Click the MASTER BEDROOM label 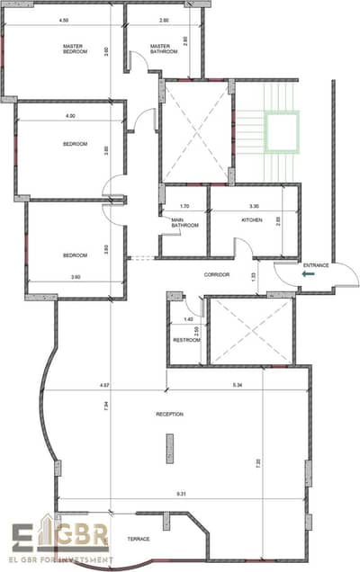click(x=75, y=49)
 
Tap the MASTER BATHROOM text click(x=163, y=49)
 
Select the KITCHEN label click(x=250, y=219)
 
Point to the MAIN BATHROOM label click(x=184, y=222)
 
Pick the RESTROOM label click(x=185, y=338)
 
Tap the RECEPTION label click(x=169, y=415)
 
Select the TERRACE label click(x=139, y=539)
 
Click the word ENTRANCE click(x=316, y=265)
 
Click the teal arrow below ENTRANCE click(x=308, y=275)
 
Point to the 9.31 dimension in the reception click(x=181, y=493)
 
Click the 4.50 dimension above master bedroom click(x=63, y=19)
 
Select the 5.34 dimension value click(x=238, y=386)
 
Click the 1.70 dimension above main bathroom click(x=184, y=206)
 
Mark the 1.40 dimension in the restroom click(x=188, y=319)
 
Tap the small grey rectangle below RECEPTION click(x=168, y=447)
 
